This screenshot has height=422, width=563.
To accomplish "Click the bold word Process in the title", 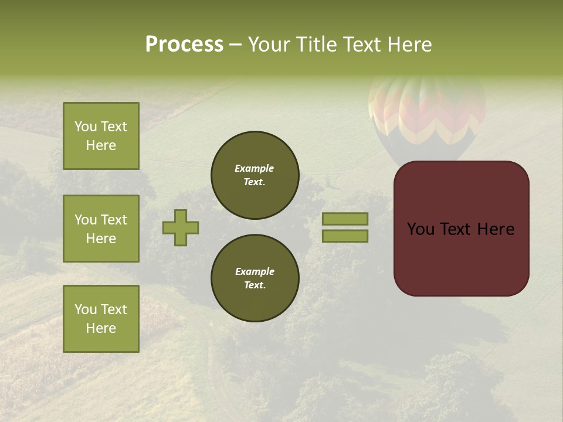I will [184, 45].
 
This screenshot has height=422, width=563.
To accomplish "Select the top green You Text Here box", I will [101, 136].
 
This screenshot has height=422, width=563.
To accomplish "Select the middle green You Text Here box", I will [101, 229].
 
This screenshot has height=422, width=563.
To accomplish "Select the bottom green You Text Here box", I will [101, 319].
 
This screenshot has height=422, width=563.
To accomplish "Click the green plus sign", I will [181, 227].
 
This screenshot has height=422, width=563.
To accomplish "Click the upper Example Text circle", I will [255, 175].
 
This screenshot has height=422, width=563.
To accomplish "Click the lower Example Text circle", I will [255, 278].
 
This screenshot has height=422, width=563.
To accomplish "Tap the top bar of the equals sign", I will [345, 219].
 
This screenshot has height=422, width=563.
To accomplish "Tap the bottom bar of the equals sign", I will [345, 236].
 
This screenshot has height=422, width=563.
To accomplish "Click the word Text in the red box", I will [459, 229].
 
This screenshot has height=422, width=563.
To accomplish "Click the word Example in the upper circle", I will [254, 168].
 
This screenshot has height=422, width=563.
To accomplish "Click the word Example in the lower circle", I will [255, 271].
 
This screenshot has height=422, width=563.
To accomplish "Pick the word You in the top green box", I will [85, 127].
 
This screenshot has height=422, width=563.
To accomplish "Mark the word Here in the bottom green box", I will [101, 328].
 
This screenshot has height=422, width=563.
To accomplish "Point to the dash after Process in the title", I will [235, 45].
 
